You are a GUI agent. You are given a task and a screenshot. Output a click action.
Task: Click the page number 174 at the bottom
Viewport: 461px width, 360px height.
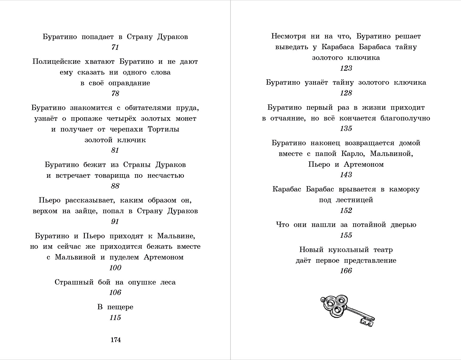pos(116,340)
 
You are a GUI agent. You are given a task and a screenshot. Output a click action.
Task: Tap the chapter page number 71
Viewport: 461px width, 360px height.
pos(115,47)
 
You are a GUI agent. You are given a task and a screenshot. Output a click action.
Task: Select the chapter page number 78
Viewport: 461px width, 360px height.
pos(115,93)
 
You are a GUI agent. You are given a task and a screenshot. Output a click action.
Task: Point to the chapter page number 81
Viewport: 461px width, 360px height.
pos(115,150)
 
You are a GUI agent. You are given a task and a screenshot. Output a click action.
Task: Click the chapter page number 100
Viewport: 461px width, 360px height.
pos(115,268)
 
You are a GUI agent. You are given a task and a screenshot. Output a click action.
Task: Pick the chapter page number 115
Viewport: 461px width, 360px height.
pos(115,317)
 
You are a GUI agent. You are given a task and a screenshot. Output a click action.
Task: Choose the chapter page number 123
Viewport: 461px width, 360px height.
pos(346,68)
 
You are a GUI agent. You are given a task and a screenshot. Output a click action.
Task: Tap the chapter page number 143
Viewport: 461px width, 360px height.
pos(346,174)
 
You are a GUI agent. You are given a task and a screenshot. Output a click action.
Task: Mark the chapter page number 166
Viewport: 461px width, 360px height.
pos(346,271)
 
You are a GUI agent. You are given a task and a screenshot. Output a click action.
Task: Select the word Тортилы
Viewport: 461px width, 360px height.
pos(164,129)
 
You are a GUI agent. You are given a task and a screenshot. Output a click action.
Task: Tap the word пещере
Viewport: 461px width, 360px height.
pos(120,307)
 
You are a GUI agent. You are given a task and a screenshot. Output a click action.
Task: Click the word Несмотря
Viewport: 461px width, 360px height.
pos(288,36)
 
